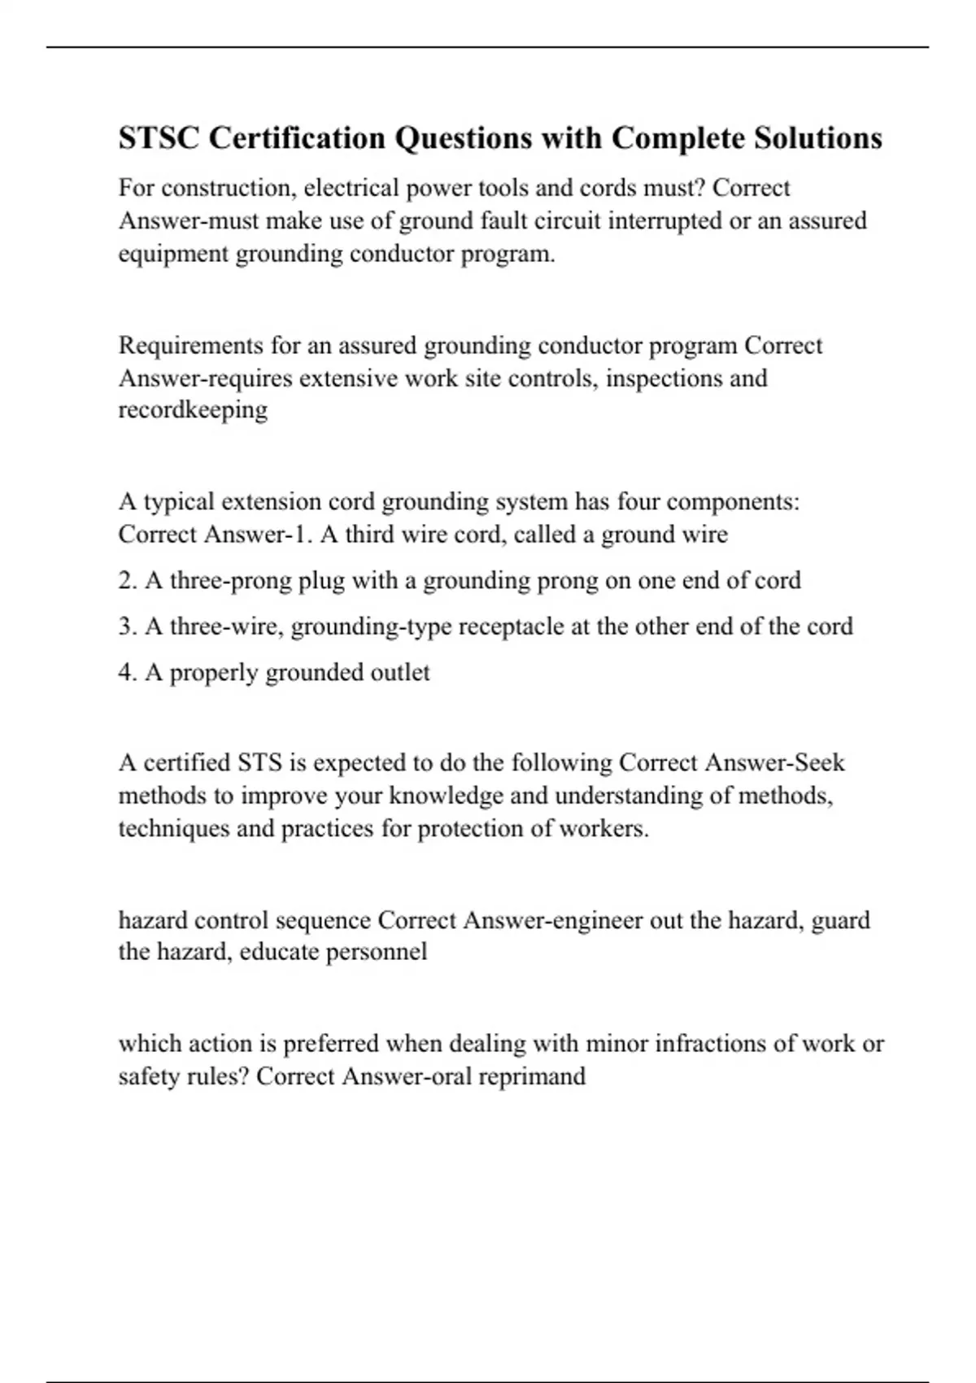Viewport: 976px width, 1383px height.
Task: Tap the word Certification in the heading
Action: coord(298,138)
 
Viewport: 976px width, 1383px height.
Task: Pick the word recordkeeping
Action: coord(193,409)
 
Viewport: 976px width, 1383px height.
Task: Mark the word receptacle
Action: coord(512,626)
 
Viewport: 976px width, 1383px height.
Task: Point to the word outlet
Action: coord(400,673)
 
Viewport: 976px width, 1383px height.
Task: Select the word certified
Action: coord(187,763)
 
